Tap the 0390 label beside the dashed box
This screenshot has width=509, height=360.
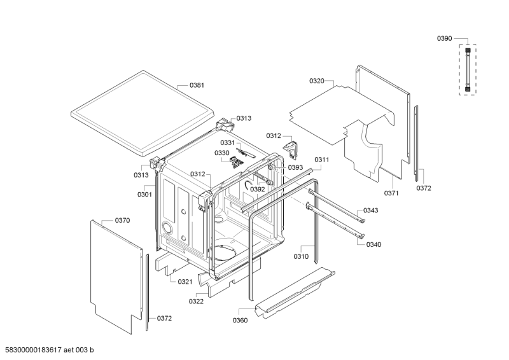pyautogui.click(x=444, y=39)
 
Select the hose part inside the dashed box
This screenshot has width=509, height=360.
pyautogui.click(x=469, y=69)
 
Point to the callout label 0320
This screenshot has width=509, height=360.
pyautogui.click(x=317, y=81)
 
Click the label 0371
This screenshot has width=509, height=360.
pyautogui.click(x=393, y=192)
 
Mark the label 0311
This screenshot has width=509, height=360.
pyautogui.click(x=321, y=160)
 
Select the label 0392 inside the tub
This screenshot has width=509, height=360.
pyautogui.click(x=257, y=189)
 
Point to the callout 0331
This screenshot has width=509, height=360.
pyautogui.click(x=228, y=142)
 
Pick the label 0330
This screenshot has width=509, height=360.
pyautogui.click(x=221, y=153)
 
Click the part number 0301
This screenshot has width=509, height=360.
pyautogui.click(x=144, y=194)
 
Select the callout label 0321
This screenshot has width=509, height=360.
pyautogui.click(x=185, y=281)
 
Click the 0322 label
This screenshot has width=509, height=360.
pyautogui.click(x=196, y=301)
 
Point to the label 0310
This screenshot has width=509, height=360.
pyautogui.click(x=301, y=256)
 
